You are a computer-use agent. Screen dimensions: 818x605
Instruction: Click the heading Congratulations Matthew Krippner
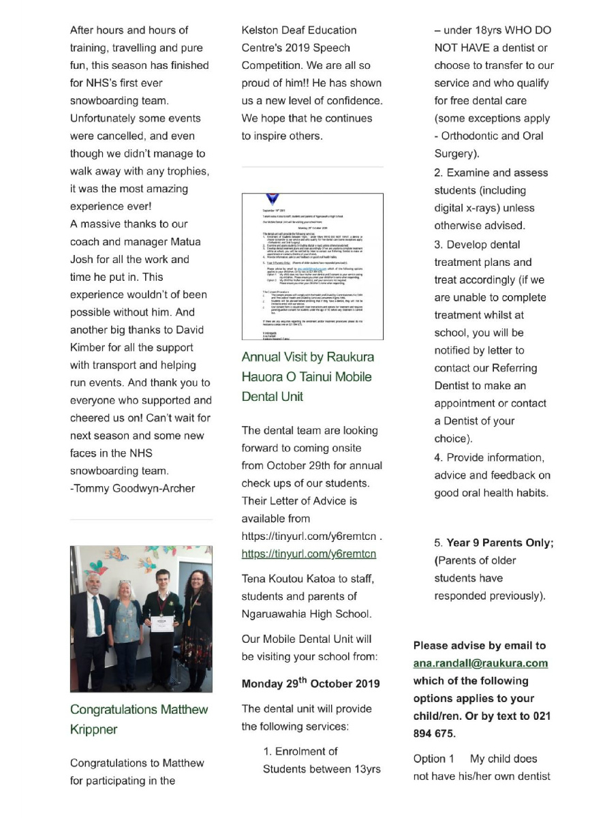139,719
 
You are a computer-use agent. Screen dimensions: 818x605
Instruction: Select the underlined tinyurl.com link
309,554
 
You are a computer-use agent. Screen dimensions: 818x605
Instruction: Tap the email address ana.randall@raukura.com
480,663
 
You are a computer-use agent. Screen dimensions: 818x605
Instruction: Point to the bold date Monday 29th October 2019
311,684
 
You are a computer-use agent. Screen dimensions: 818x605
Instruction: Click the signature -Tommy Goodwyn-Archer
132,488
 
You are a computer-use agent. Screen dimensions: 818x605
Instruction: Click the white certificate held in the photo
160,623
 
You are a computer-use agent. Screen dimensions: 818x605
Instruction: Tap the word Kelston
260,31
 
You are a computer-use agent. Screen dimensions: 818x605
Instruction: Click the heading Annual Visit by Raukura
308,357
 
